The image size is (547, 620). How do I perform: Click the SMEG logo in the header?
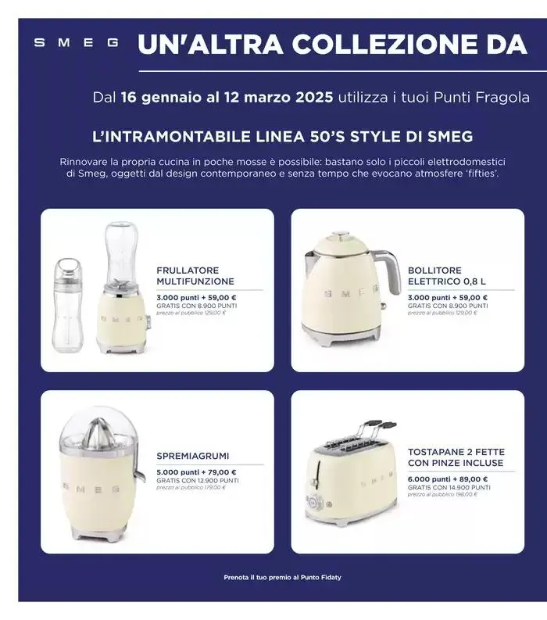pyautogui.click(x=77, y=44)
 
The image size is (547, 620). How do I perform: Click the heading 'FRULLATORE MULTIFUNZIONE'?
pyautogui.click(x=195, y=275)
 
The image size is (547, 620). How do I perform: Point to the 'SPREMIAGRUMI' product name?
pyautogui.click(x=193, y=456)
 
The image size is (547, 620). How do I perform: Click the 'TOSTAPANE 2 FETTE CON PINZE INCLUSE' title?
pyautogui.click(x=456, y=457)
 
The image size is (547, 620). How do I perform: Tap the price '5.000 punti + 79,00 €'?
pyautogui.click(x=196, y=472)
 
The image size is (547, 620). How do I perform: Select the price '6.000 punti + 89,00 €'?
pyautogui.click(x=448, y=478)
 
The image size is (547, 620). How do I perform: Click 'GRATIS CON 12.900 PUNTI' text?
pyautogui.click(x=196, y=480)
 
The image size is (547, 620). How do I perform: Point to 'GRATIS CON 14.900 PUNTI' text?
pyautogui.click(x=449, y=486)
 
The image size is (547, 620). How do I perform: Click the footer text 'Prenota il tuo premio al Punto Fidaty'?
pyautogui.click(x=282, y=578)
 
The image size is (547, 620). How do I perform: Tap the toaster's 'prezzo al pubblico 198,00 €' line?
pyautogui.click(x=442, y=494)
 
